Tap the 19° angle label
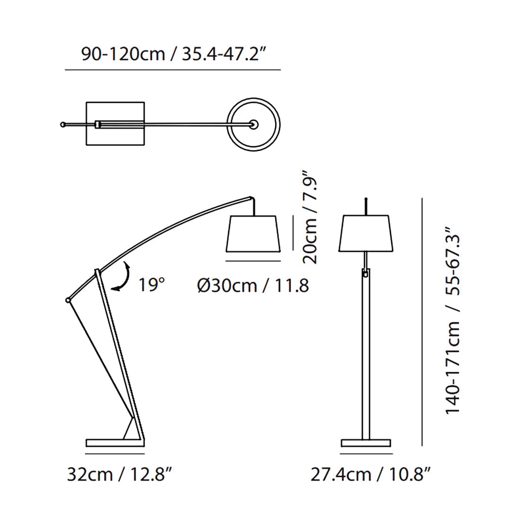point(152,285)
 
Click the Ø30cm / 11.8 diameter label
point(253,286)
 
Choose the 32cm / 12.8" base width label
point(119,474)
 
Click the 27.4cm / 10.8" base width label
point(370,474)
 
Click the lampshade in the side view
point(253,234)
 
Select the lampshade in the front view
point(366,233)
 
